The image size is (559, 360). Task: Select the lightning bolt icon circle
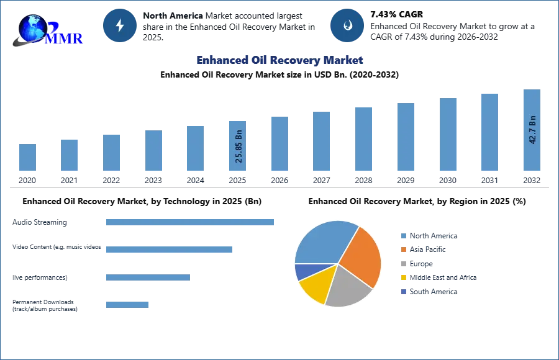[x=120, y=25]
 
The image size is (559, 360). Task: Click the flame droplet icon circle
[x=347, y=25]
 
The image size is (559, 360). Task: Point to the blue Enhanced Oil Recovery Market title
[x=279, y=60]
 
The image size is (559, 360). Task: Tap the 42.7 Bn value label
[x=532, y=130]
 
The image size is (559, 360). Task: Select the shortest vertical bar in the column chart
[x=27, y=158]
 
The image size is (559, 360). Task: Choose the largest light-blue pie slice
[x=323, y=242]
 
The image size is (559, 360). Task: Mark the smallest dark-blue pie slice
[x=302, y=271]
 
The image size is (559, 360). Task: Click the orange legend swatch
[x=403, y=250]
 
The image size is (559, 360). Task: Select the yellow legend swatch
[x=403, y=277]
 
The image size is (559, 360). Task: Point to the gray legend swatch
[x=403, y=264]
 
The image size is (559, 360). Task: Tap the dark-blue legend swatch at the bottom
[x=403, y=292]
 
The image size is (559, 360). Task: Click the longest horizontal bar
[x=191, y=223]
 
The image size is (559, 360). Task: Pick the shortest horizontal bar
[x=127, y=304]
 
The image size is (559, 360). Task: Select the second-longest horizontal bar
[x=168, y=248]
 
